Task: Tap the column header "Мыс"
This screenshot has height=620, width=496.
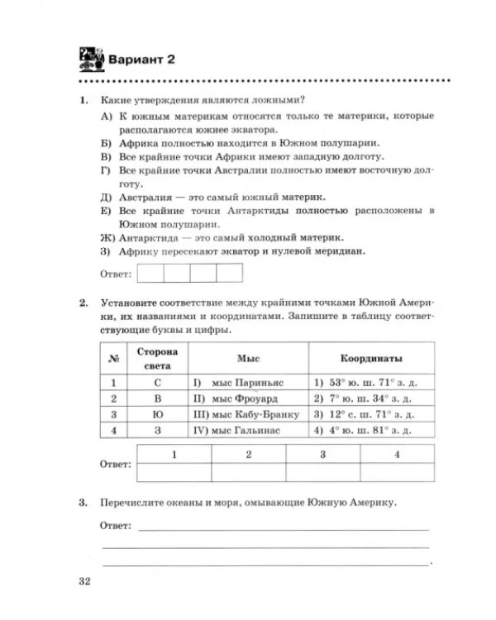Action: coord(249,359)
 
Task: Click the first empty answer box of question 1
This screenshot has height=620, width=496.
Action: coord(150,272)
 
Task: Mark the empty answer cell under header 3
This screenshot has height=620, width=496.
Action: coord(324,472)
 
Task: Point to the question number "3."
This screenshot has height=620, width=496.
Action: coord(83,502)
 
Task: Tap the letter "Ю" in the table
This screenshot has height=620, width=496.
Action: coord(157,413)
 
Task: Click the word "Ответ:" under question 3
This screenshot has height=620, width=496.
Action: coord(117,525)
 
